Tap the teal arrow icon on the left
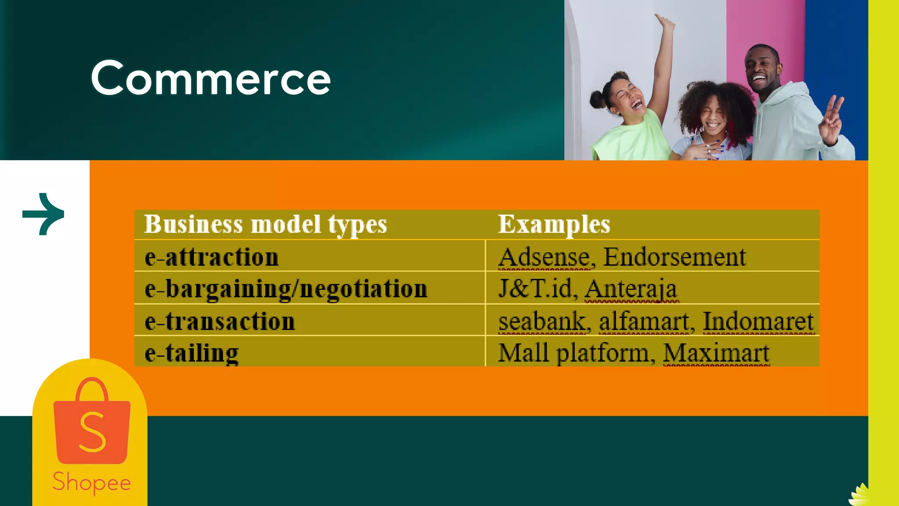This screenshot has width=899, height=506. (x=43, y=214)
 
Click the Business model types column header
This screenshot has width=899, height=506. (x=266, y=224)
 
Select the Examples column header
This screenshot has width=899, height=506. (x=554, y=224)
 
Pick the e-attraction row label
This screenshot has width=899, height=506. (x=212, y=257)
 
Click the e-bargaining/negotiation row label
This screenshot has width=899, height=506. (x=286, y=289)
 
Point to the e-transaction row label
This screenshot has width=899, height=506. (x=219, y=321)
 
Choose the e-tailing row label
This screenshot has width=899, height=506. (x=192, y=353)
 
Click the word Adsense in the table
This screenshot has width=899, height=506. (x=544, y=257)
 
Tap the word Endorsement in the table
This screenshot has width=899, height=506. (x=674, y=257)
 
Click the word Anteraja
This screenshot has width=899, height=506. (x=631, y=289)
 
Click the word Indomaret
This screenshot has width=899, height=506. (x=758, y=322)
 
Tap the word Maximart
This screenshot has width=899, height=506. (x=716, y=353)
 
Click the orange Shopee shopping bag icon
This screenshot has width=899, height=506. (x=92, y=422)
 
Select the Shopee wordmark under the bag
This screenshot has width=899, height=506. (x=92, y=482)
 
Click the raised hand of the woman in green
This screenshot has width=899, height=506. (x=665, y=22)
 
